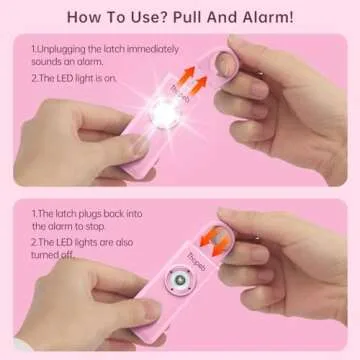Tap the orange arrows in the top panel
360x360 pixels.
(196, 76)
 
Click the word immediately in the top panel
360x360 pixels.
(151, 46)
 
